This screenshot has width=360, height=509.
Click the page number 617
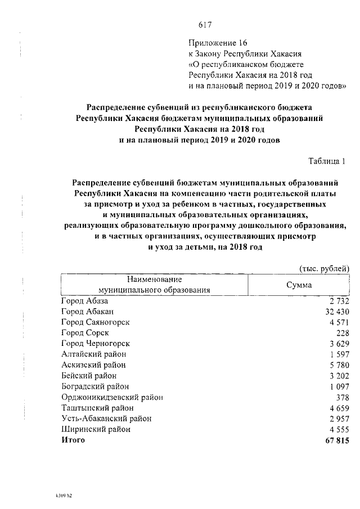(204, 25)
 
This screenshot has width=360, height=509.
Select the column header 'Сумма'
(299, 285)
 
